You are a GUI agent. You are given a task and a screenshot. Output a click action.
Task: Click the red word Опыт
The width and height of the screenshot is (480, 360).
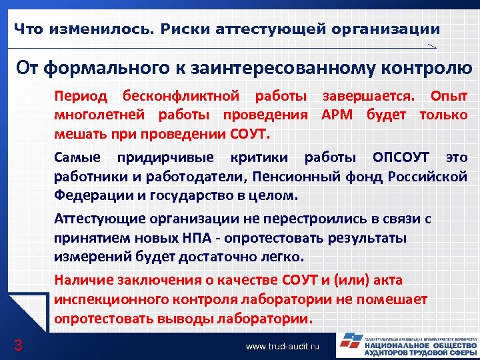coord(449,96)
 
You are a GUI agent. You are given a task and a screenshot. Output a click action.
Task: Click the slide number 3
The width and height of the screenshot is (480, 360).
coord(19,345)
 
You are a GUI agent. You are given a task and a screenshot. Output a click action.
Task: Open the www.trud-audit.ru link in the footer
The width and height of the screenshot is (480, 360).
coord(283,347)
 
